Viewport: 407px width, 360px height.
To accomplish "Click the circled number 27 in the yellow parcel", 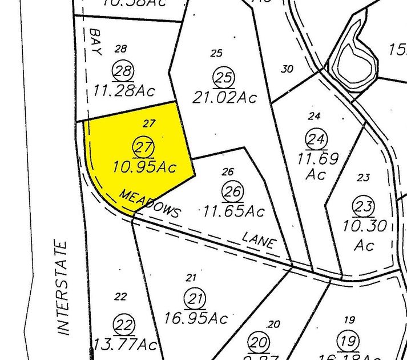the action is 143,147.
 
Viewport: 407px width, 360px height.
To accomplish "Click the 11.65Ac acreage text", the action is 233,211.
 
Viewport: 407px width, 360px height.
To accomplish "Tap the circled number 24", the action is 315,138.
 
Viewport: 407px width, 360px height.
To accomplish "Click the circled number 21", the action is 195,298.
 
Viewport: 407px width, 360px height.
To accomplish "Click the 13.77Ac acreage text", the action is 126,345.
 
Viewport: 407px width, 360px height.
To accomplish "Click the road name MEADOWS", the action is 150,203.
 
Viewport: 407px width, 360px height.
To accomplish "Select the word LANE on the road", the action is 259,240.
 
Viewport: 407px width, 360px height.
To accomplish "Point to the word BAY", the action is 94,42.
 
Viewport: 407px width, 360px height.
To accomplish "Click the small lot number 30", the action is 287,69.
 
